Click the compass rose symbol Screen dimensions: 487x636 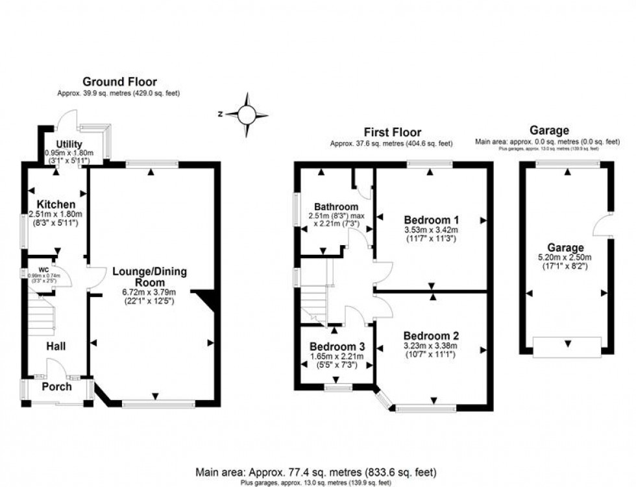tap(247, 115)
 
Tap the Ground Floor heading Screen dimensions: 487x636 tap(119, 82)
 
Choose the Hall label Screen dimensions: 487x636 tap(56, 348)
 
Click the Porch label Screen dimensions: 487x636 tap(56, 387)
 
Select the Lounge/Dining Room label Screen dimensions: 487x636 tap(149, 277)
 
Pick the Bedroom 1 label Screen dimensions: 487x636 tap(431, 219)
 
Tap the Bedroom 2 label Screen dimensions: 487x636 tap(431, 335)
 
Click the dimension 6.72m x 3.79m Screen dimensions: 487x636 tap(149, 292)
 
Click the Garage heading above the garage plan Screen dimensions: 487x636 tap(548, 131)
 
